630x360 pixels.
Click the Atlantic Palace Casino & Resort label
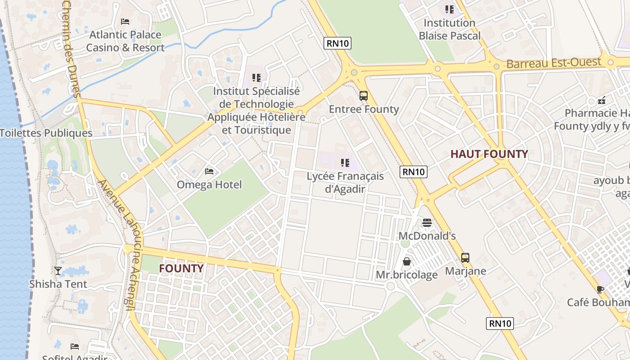pos(125,41)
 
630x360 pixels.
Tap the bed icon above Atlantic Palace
pos(125,22)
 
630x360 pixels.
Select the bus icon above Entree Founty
pos(364,96)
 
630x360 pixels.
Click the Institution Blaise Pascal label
pos(450,29)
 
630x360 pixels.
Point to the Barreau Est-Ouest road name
pos(553,63)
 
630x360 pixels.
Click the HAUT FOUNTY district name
pos(489,154)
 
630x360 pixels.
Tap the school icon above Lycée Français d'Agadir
pos(345,162)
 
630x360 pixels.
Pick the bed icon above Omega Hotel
pos(209,171)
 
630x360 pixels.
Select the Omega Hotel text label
pos(209,184)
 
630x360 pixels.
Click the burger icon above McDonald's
pos(427,222)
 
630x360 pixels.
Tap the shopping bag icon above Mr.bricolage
pos(407,261)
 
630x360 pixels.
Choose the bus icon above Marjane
pos(465,258)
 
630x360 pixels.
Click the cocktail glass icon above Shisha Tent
pos(58,270)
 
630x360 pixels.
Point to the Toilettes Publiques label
pos(46,133)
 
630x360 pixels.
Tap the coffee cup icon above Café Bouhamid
pos(600,289)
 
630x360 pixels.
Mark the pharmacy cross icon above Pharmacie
pos(602,100)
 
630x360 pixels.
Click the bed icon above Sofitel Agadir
pos(75,346)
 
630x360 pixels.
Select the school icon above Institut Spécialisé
pos(256,78)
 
